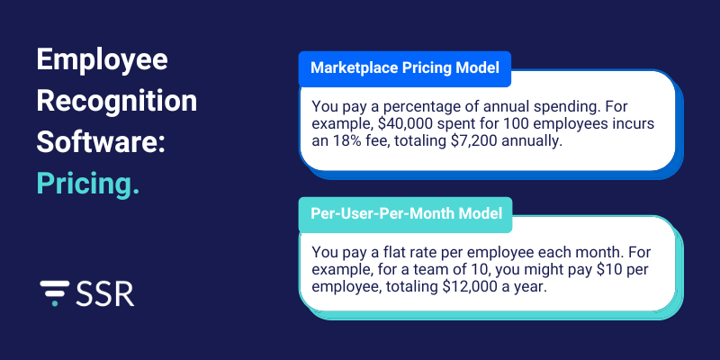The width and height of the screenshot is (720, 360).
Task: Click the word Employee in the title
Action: pyautogui.click(x=103, y=62)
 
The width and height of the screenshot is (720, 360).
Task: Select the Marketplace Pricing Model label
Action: pyautogui.click(x=405, y=67)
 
